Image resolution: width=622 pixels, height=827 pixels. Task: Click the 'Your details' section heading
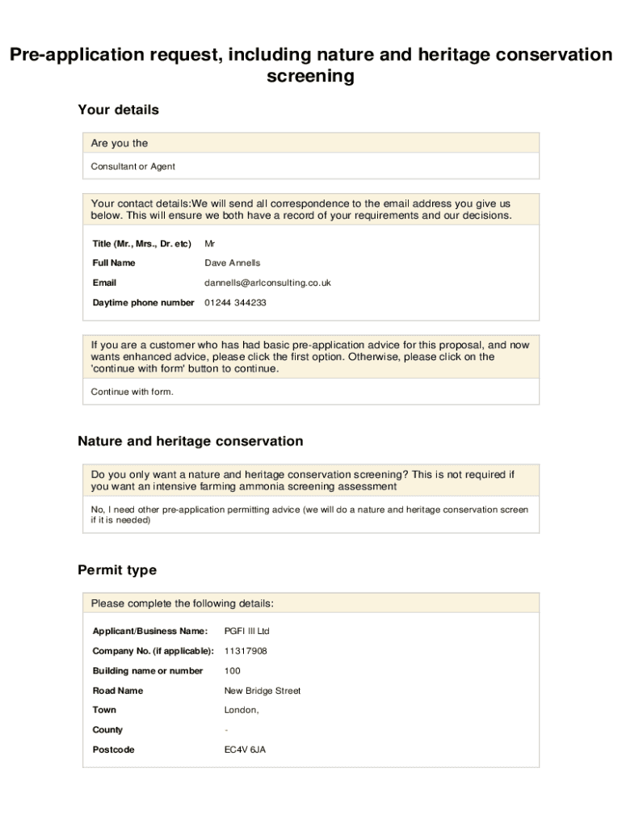tap(118, 110)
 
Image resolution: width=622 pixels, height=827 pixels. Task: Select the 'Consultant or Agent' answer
tap(132, 166)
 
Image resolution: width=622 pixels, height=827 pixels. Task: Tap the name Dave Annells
tap(233, 263)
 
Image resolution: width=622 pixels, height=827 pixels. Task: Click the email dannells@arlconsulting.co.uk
tap(267, 283)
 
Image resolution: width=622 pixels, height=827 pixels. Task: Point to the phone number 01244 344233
tap(235, 303)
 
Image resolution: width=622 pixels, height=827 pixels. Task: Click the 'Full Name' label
tap(114, 263)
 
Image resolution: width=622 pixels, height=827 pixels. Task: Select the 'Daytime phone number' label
tap(143, 303)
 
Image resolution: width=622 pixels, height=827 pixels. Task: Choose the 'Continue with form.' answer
tap(132, 393)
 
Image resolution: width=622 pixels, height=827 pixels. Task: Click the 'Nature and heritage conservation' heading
tap(191, 442)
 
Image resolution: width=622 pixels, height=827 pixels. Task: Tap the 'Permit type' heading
tap(117, 570)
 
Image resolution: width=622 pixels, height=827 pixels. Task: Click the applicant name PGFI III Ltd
tap(246, 632)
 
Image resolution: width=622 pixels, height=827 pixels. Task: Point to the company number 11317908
tap(246, 651)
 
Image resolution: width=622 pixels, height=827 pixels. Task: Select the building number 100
tap(232, 671)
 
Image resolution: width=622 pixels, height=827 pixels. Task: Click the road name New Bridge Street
tap(262, 691)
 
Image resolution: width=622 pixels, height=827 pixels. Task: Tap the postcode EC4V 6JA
tap(245, 750)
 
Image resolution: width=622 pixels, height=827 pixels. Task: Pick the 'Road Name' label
tap(118, 691)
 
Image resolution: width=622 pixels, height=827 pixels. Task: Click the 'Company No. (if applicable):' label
tap(153, 651)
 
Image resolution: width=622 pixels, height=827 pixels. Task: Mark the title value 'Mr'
tap(210, 244)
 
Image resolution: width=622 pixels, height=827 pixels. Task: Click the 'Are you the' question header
tap(120, 144)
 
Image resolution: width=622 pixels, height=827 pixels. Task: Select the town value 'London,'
tap(242, 711)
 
